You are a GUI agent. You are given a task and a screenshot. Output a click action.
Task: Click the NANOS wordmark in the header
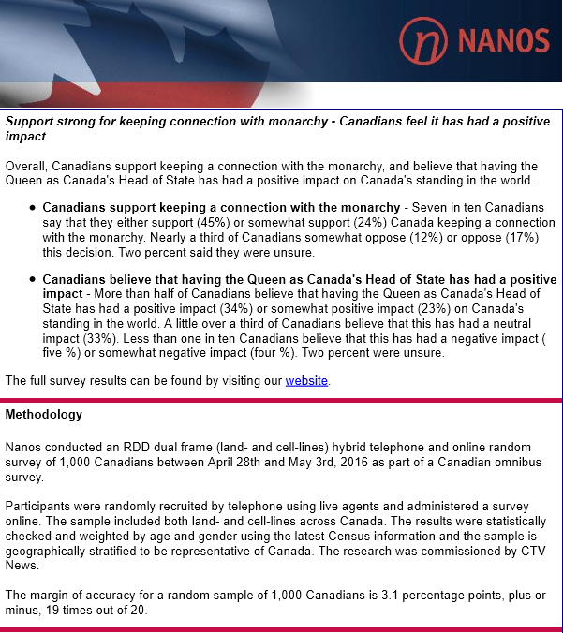pyautogui.click(x=502, y=40)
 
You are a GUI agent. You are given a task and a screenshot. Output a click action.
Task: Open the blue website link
pyautogui.click(x=306, y=380)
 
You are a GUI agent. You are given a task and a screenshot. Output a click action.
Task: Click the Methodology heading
pyautogui.click(x=44, y=414)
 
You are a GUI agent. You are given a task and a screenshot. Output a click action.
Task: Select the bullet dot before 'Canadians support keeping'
pyautogui.click(x=34, y=207)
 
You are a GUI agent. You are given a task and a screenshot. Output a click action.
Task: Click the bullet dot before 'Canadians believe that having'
pyautogui.click(x=34, y=279)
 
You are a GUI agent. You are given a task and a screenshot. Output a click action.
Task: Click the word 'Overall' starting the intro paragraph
pyautogui.click(x=26, y=166)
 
